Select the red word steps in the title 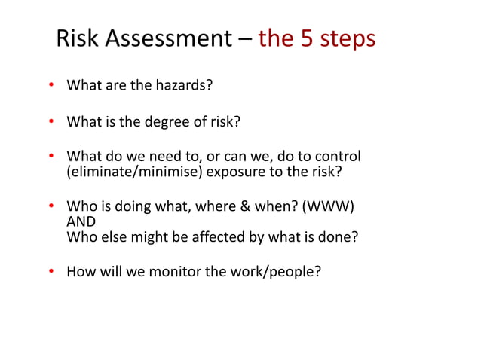coord(348,39)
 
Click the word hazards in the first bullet coord(182,85)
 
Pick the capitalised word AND coord(81,221)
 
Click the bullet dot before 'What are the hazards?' coord(52,85)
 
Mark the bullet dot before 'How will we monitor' coord(52,271)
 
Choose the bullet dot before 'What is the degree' coord(52,121)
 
